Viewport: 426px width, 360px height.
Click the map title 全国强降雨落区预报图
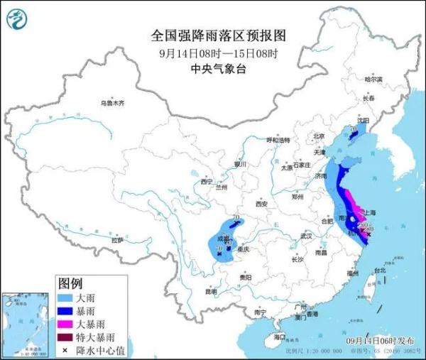point(212,35)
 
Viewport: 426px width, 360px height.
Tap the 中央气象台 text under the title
point(212,69)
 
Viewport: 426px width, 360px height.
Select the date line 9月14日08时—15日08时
point(212,53)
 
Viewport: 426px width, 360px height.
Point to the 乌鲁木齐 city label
point(111,103)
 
